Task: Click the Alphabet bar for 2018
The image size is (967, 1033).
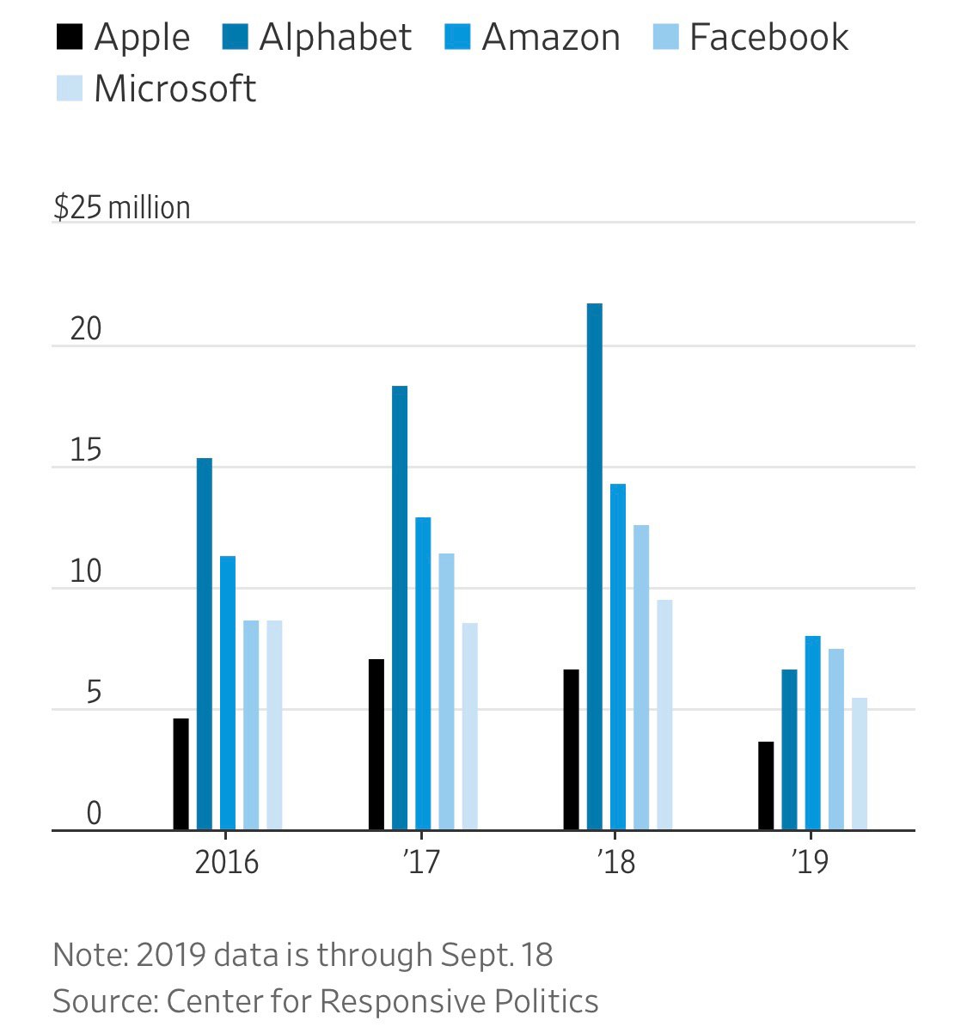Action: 595,567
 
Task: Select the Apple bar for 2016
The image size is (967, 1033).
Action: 181,774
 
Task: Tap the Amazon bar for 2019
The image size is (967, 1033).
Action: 812,733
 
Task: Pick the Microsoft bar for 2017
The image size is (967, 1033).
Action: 469,726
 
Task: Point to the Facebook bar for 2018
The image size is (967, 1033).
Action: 641,677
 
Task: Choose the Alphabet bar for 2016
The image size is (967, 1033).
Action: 205,645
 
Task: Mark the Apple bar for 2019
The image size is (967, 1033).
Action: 766,785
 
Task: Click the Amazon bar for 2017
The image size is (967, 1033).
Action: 423,674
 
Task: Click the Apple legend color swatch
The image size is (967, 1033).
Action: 70,38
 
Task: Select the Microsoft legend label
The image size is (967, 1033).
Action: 174,89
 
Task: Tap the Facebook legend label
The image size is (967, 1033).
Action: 768,38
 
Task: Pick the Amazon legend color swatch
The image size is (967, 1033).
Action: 457,38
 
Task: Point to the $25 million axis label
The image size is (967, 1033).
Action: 121,207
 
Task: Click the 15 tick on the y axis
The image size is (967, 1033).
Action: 86,451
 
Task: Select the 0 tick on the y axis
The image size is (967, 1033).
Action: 94,814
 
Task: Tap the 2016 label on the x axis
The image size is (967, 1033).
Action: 226,862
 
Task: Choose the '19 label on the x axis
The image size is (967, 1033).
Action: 810,862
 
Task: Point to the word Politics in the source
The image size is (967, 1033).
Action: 546,1001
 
